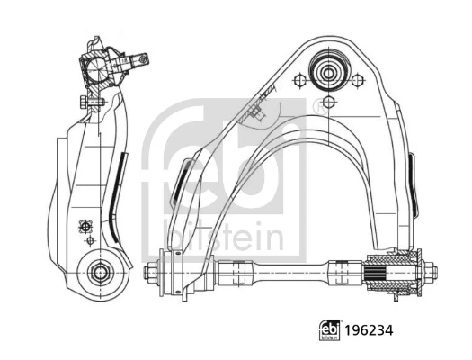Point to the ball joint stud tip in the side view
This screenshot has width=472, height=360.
click(x=142, y=60)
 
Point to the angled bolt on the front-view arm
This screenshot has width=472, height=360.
click(x=257, y=112)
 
